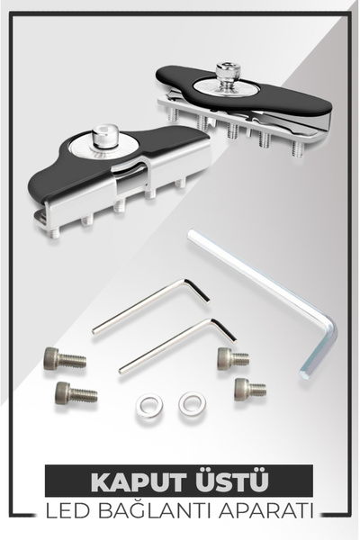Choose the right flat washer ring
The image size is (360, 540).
[193, 403]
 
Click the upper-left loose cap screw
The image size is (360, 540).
[65, 358]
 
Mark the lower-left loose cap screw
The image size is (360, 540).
[76, 393]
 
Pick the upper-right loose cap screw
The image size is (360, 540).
[233, 358]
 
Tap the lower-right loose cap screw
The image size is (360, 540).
[250, 390]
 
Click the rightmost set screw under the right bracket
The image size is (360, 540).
[298, 148]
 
